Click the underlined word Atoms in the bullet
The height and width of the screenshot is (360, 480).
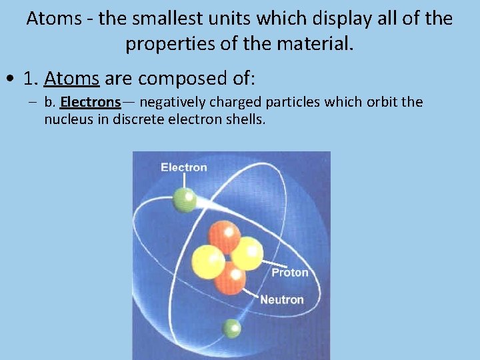pos(71,79)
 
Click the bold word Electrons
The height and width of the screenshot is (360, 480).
pos(90,102)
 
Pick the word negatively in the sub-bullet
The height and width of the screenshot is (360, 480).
pos(173,102)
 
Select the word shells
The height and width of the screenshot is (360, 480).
pos(247,119)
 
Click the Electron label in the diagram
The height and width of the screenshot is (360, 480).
pos(183,167)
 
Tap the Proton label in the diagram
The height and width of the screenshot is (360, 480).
pos(289,272)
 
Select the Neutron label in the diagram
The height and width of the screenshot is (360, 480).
pos(281,300)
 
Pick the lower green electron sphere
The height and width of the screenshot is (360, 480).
pos(231,328)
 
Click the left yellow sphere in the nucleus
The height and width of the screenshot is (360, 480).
pos(207,262)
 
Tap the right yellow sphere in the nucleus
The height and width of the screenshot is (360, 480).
pos(247,253)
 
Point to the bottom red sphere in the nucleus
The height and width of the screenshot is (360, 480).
pos(230,277)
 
